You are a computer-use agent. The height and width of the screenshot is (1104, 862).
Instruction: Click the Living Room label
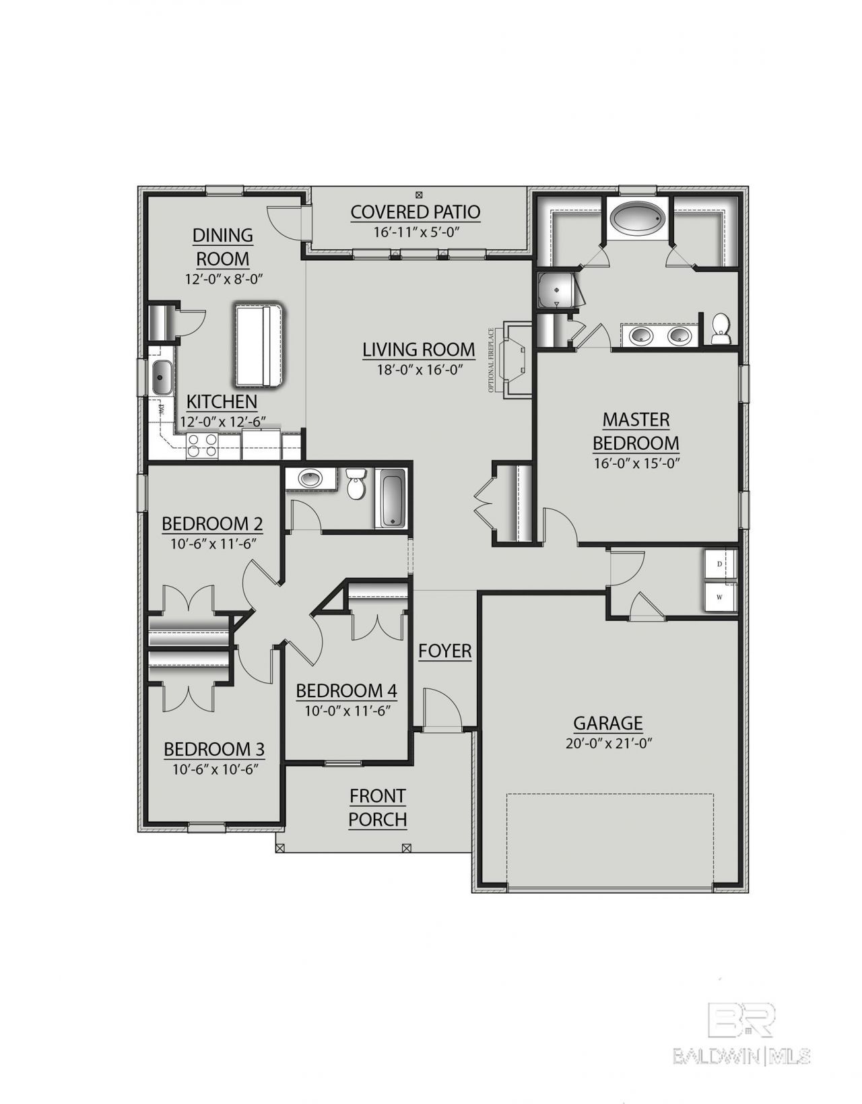coord(419,350)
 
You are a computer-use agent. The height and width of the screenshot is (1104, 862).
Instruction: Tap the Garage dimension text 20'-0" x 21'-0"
coord(608,743)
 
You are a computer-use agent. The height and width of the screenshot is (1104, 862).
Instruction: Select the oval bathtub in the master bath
coord(638,220)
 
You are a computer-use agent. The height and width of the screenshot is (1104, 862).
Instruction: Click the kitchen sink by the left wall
coord(162,377)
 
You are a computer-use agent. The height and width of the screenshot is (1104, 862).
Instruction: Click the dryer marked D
coord(721,564)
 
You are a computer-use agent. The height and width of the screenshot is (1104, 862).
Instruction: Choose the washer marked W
coord(721,596)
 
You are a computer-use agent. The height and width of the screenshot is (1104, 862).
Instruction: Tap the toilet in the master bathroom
coord(721,328)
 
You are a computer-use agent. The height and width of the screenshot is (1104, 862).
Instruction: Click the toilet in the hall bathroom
coord(356,483)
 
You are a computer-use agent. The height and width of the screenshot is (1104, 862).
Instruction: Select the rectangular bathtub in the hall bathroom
coord(393,497)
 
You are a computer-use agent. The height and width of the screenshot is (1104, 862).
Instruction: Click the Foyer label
coord(445,651)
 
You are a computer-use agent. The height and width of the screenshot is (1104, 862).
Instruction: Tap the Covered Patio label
coord(416,212)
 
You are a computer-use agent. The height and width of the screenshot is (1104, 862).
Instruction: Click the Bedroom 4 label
coord(346,691)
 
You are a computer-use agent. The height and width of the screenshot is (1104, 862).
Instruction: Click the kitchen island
coord(259,345)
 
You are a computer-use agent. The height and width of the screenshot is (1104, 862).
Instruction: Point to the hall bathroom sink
coord(310,478)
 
